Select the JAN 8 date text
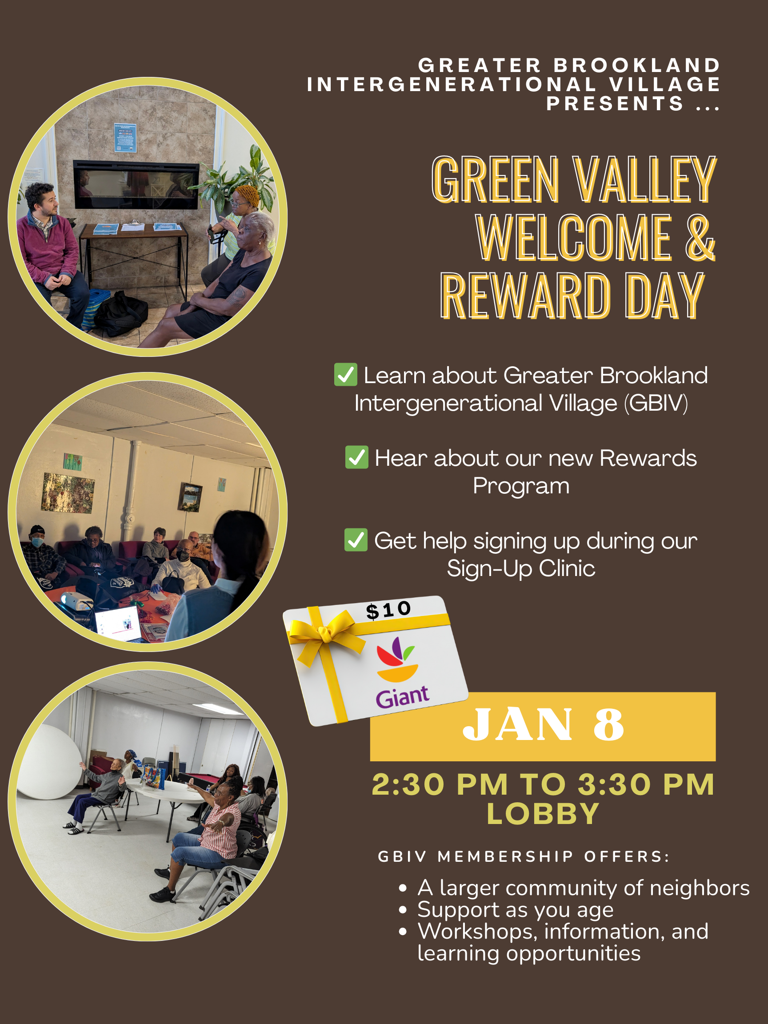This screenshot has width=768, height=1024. pyautogui.click(x=543, y=724)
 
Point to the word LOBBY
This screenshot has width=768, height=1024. pyautogui.click(x=543, y=814)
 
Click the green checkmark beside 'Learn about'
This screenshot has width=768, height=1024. pyautogui.click(x=346, y=375)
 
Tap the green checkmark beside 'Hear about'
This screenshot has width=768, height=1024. pyautogui.click(x=357, y=457)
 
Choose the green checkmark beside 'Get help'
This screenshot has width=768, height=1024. pyautogui.click(x=356, y=540)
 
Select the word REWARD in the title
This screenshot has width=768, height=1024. pyautogui.click(x=525, y=296)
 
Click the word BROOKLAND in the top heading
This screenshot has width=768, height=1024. pyautogui.click(x=637, y=65)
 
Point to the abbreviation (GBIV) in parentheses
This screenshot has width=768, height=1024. pyautogui.click(x=656, y=403)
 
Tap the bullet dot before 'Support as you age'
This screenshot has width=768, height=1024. pyautogui.click(x=403, y=910)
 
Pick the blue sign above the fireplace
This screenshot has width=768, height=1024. pyautogui.click(x=125, y=137)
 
